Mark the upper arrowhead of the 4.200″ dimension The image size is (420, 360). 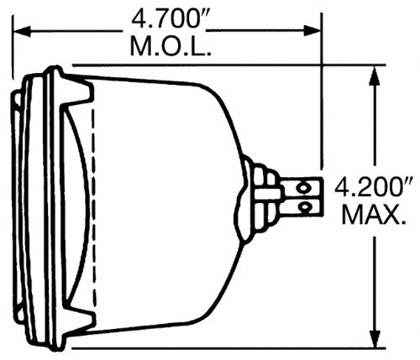(x=373, y=70)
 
